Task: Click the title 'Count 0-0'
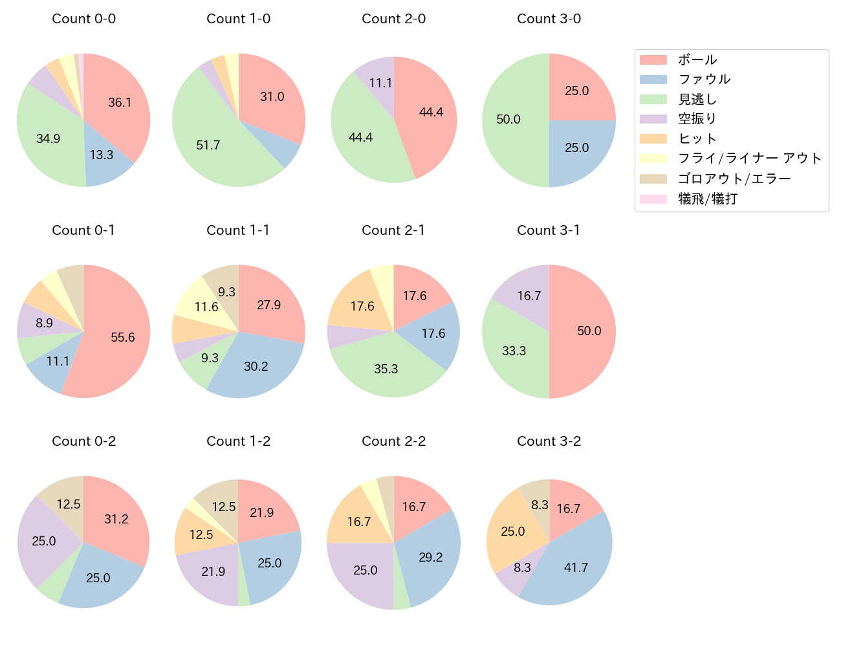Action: coord(83,19)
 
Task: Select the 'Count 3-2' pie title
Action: coord(549,441)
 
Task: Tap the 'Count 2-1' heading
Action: coord(393,230)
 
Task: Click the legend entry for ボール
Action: coord(697,60)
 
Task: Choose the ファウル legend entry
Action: coord(704,80)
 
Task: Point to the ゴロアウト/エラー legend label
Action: coord(734,179)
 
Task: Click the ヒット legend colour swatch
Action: coord(653,139)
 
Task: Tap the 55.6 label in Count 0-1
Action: coord(123,337)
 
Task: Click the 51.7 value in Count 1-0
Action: coord(208,145)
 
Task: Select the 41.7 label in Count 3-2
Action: coord(576,567)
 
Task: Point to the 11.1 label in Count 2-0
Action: coord(380,83)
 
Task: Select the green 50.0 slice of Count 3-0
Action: coord(511,120)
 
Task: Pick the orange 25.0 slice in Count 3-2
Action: coord(511,532)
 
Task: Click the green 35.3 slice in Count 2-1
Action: coord(386,369)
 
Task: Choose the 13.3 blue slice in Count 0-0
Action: coord(104,159)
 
